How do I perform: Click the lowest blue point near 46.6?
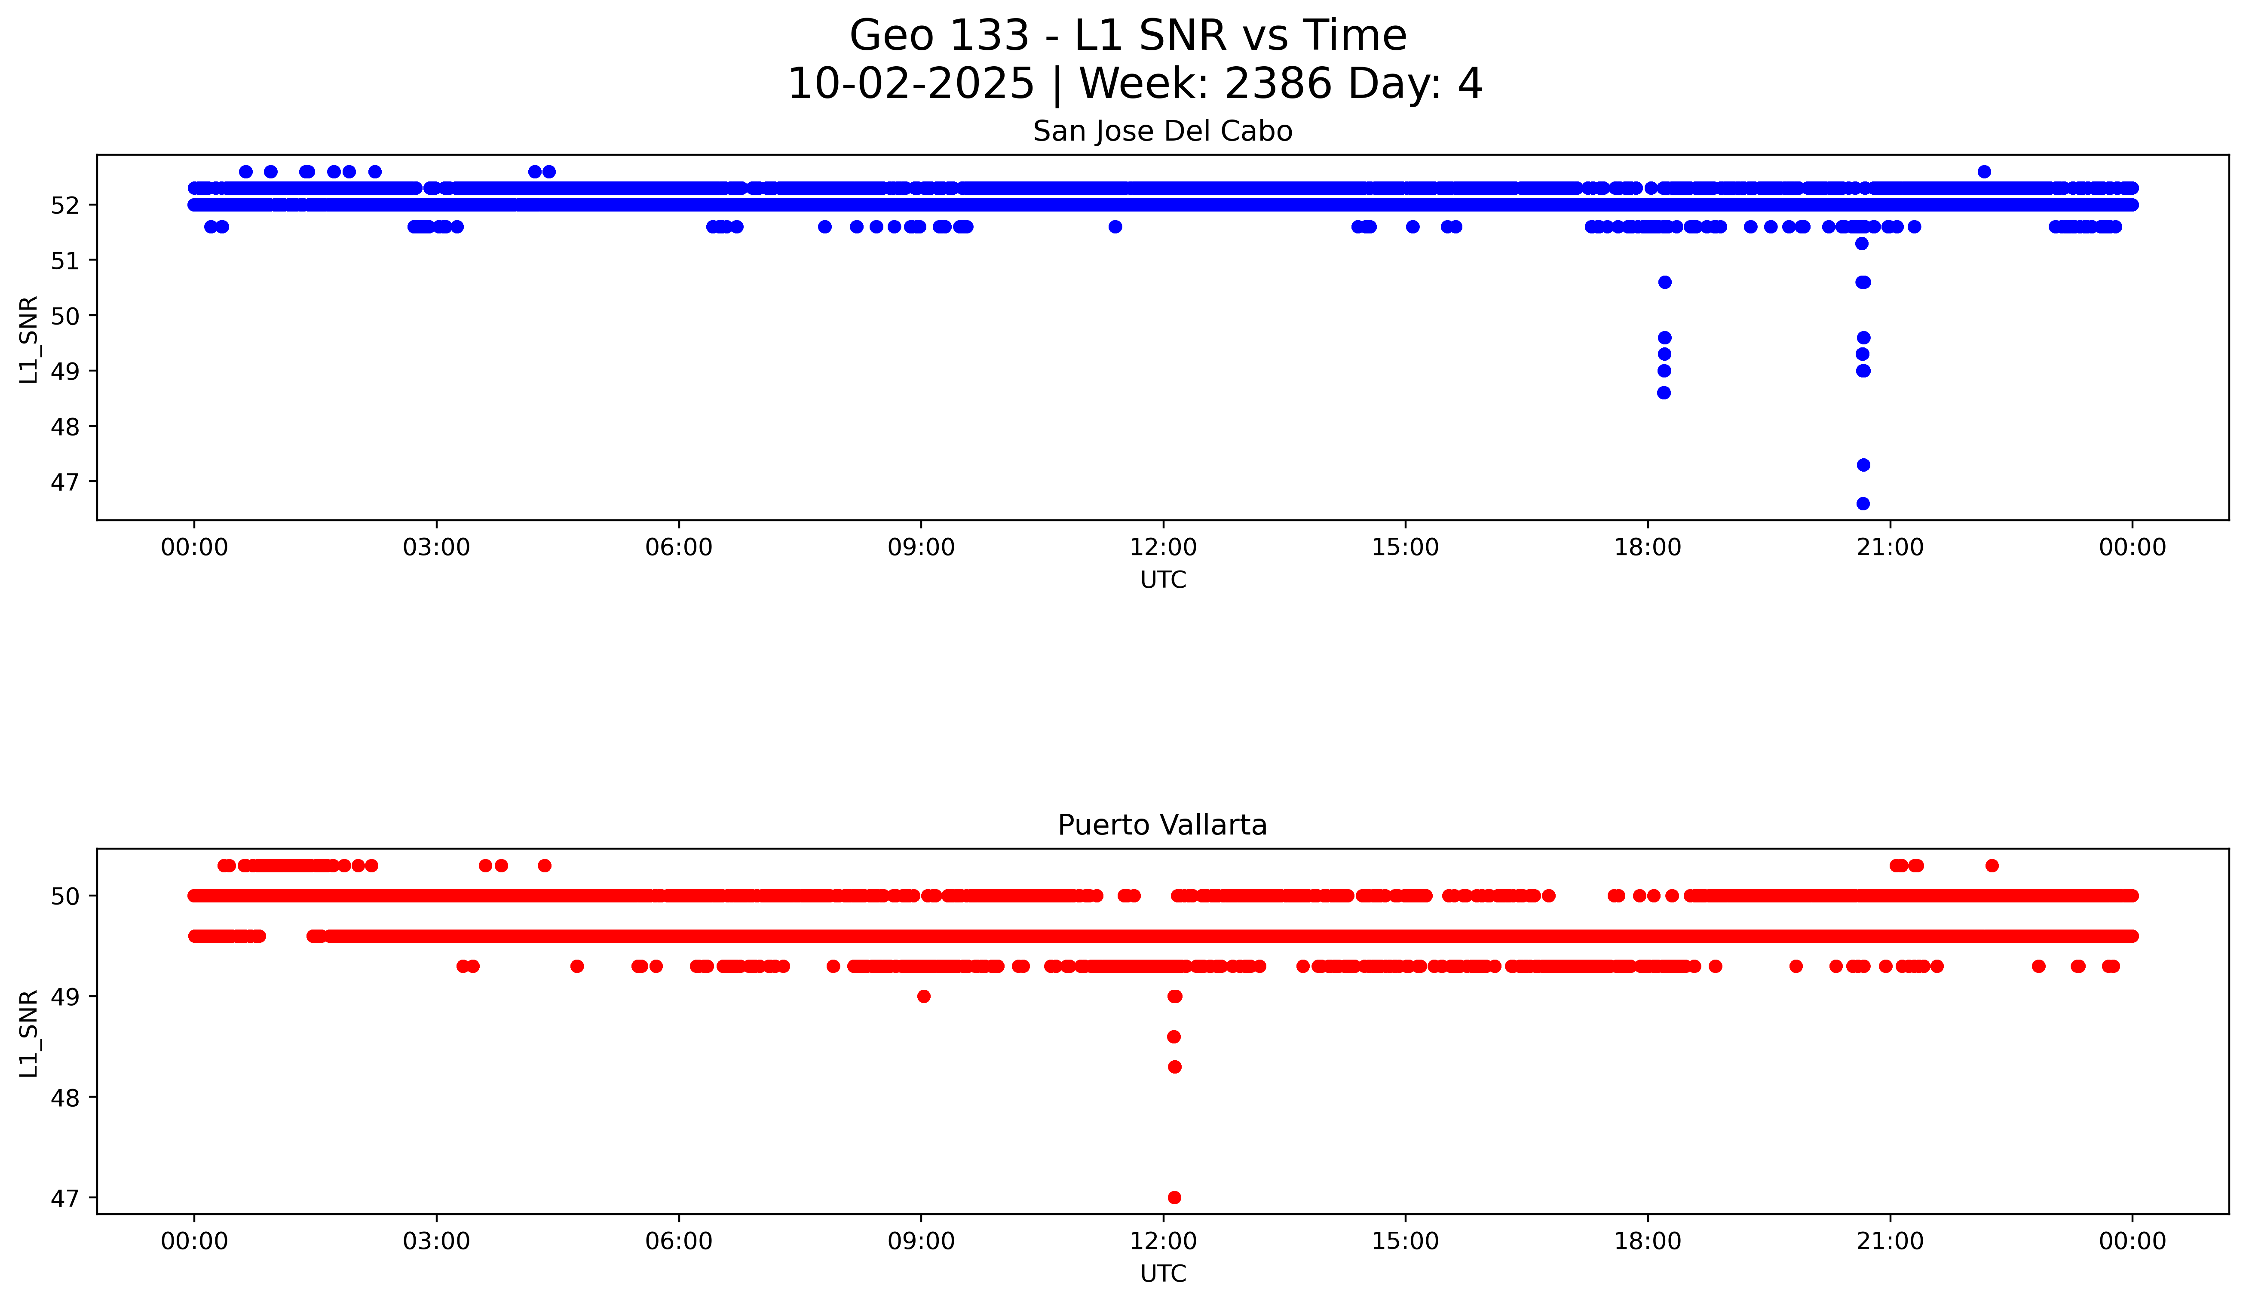[1863, 503]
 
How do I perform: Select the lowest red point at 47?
[1175, 1197]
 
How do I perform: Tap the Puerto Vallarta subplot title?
[1162, 825]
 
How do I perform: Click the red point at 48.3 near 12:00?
[1175, 1067]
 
